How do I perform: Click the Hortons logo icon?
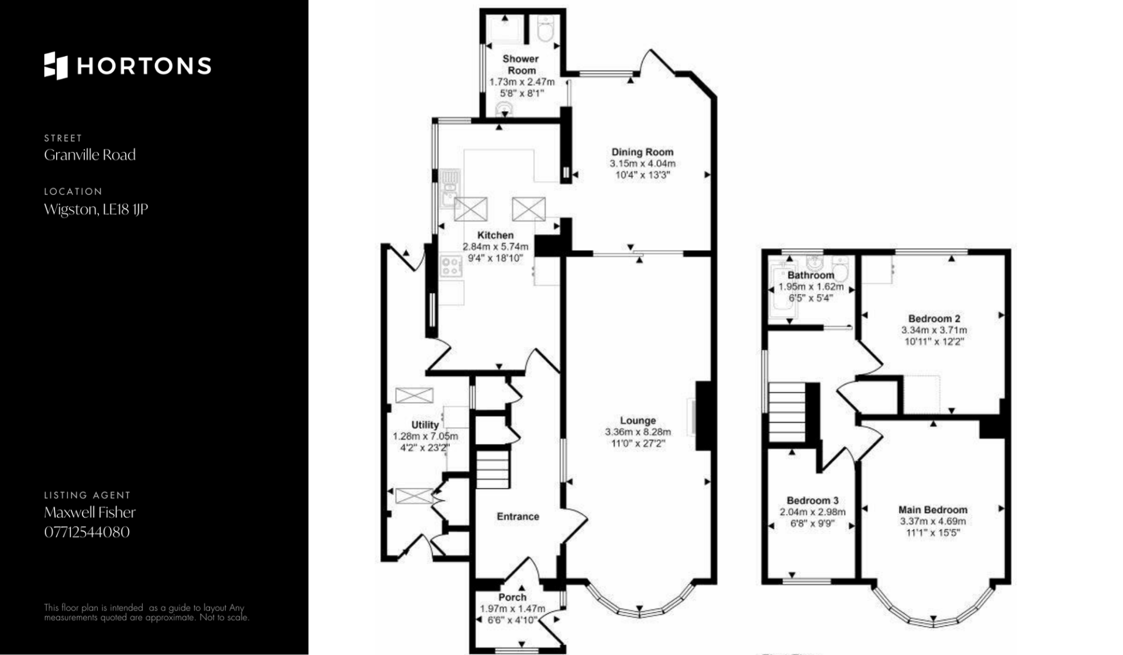coord(56,66)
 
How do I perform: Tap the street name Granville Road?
coord(90,155)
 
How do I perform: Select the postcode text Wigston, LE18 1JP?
coord(96,209)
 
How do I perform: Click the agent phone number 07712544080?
coord(87,532)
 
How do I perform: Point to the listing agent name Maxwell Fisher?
coord(90,512)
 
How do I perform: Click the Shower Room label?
coord(521,64)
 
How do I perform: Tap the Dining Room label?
coord(642,152)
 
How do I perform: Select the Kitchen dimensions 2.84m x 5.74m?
coord(495,246)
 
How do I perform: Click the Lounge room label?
coord(638,420)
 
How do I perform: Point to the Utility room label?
coord(425,425)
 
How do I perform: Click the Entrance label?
coord(518,516)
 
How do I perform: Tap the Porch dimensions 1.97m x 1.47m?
coord(512,609)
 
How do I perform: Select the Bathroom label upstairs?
coord(811,275)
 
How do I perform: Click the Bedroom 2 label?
coord(934,319)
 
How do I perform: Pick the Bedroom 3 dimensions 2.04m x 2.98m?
coord(812,512)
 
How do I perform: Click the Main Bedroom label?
coord(933,510)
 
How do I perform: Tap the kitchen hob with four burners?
coord(451,266)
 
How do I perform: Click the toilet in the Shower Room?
coord(546,29)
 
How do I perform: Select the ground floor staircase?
coord(492,469)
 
